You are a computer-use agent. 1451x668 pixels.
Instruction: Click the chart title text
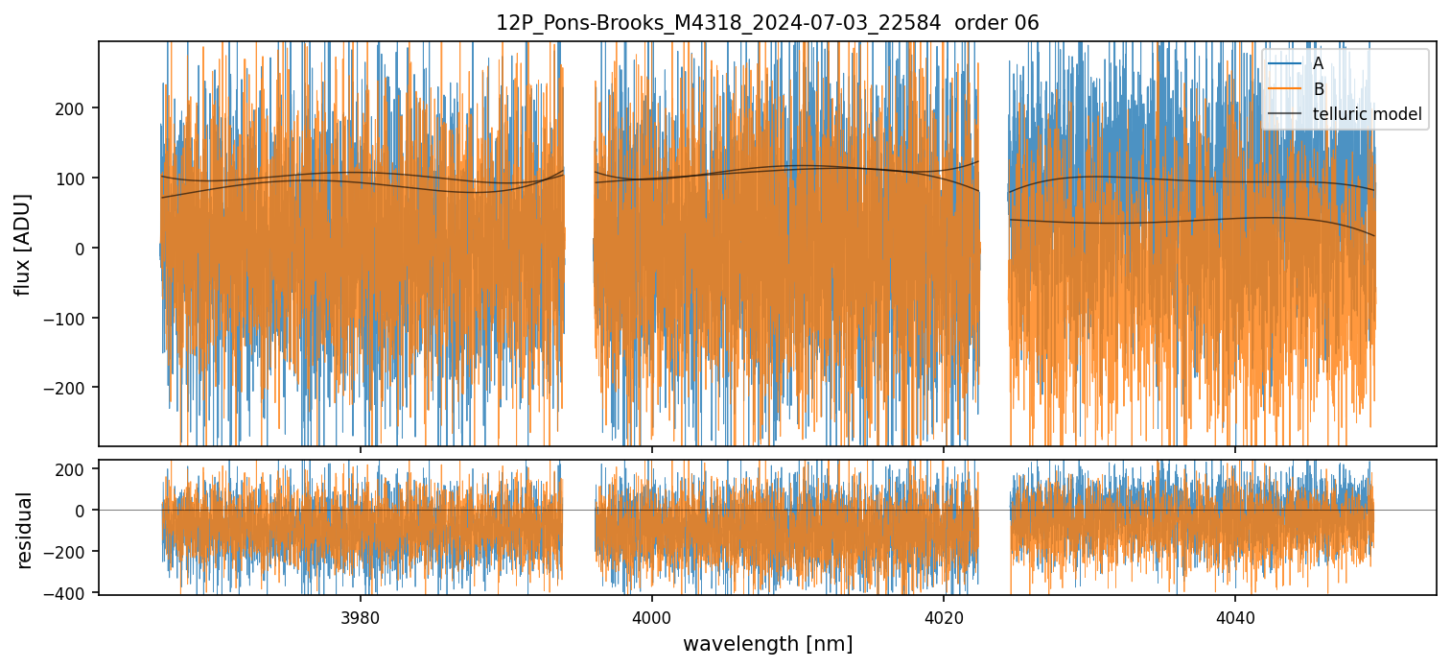click(x=767, y=23)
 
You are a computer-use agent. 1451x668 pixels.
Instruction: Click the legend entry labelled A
click(x=1318, y=63)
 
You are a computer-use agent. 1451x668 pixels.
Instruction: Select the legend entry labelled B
click(x=1318, y=89)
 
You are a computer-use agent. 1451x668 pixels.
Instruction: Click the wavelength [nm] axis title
click(x=767, y=643)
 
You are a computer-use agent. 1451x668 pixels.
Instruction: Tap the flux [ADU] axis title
click(x=23, y=244)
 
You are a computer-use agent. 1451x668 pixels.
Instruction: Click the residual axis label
click(x=25, y=530)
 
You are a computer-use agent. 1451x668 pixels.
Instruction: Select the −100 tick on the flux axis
click(x=72, y=318)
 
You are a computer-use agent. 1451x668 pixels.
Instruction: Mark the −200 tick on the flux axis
click(x=72, y=388)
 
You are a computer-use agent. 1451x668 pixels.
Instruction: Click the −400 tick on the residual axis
click(x=72, y=593)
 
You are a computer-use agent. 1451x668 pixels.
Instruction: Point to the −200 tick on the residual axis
click(x=72, y=552)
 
